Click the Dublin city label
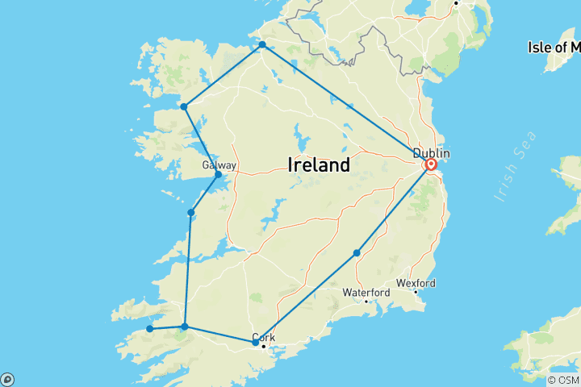tap(432, 153)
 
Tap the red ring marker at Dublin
tap(430, 164)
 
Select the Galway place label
tap(219, 165)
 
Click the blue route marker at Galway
tap(218, 174)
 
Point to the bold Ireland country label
tap(319, 166)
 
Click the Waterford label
tap(366, 292)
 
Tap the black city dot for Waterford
tap(367, 302)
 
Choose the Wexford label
tap(416, 283)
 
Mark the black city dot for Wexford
tap(416, 292)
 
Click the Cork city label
tap(264, 337)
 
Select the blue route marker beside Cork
tap(255, 343)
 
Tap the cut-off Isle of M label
tap(554, 47)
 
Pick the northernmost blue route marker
tap(262, 45)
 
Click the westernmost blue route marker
tap(149, 328)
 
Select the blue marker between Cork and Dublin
tap(357, 253)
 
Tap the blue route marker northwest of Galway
tap(184, 106)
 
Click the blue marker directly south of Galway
tap(190, 213)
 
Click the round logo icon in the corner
tap(7, 379)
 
